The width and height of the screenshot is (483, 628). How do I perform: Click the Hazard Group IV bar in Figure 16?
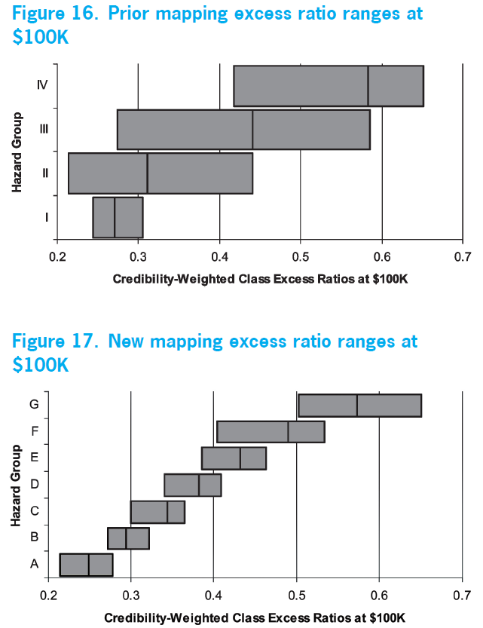pos(328,86)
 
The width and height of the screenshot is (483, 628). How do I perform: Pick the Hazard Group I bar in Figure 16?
pos(118,217)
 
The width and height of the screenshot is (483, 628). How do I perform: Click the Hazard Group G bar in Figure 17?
pos(359,405)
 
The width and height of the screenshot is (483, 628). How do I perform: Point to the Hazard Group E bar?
pos(234,458)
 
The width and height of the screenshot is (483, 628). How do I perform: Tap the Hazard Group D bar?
pos(192,485)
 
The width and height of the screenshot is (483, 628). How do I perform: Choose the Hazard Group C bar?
pos(157,512)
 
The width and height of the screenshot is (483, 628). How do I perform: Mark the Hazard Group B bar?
pos(128,538)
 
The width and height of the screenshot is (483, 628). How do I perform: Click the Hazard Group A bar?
pos(86,565)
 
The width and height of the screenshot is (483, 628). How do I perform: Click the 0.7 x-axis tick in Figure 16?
pos(463,256)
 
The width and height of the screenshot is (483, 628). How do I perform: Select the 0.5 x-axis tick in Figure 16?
pos(300,256)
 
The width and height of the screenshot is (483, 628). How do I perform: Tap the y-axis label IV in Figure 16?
pos(42,84)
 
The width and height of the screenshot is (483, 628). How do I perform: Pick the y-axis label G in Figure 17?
pos(34,404)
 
